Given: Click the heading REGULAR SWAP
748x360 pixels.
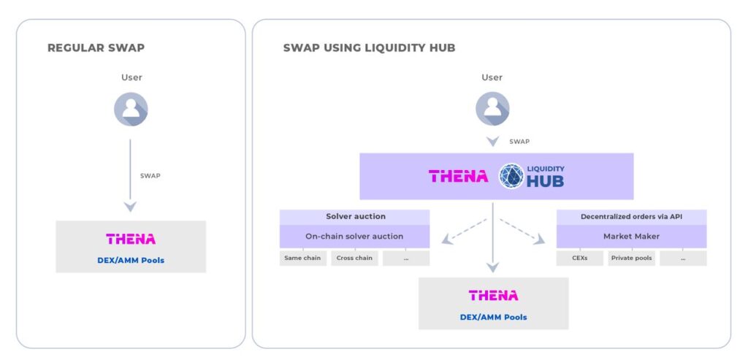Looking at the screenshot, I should point(96,48).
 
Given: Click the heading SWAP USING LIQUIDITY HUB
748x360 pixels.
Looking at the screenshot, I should point(369,48).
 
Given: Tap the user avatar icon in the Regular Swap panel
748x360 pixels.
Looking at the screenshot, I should point(131,109).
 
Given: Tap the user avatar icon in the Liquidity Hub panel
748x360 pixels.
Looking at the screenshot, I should point(492,109).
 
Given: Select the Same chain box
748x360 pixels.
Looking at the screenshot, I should point(302,258).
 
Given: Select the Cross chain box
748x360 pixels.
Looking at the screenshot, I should point(354,258).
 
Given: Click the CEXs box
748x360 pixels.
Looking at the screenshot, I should point(580,258).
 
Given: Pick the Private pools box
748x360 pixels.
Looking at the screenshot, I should point(632,258).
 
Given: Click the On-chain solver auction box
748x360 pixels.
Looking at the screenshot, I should point(354,237).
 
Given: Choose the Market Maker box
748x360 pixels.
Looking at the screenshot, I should point(631,237).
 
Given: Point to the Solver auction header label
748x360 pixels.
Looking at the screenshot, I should point(355,217).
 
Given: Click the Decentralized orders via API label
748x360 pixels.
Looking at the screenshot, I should point(631,217).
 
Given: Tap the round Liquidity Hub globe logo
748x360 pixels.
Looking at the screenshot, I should point(511,176).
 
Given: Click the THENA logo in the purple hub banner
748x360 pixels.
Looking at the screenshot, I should point(458,176).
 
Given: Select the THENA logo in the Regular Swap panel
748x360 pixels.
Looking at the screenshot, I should point(131,239).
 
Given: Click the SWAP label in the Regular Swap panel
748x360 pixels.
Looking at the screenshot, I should point(150,176).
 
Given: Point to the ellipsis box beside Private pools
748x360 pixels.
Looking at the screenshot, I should point(683,258).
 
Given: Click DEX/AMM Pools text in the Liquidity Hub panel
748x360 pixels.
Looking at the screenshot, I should point(493,317).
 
